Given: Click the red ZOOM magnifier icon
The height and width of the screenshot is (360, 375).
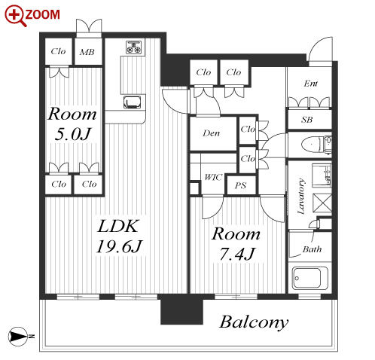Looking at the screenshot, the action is coord(15,16).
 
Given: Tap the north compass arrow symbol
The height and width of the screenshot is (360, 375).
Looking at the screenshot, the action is coord(18,337).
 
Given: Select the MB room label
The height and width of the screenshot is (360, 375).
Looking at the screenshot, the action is coord(87,52).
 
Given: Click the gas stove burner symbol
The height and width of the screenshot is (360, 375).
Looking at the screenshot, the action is coord(134,47).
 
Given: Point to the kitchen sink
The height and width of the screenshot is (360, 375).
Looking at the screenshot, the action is coord(132,102).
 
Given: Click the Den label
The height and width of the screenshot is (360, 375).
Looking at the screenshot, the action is coord(211,133).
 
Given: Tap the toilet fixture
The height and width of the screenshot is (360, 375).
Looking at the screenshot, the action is coord(316,145).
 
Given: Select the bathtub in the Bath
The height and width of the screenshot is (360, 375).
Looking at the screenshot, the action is coord(309,278).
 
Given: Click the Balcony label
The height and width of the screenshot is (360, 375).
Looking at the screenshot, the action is coord(254,322).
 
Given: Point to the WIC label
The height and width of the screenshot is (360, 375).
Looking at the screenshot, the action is coord(213,177).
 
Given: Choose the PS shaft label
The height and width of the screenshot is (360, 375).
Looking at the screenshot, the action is coord(240,185).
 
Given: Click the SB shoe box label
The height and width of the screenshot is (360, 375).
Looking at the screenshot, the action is coord(306,120).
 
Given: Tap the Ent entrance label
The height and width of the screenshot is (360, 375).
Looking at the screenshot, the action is coord(311,84).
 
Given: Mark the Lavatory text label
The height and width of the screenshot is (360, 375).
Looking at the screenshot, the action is coord(301,196).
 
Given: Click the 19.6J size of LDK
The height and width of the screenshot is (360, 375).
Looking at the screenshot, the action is coord(119,246).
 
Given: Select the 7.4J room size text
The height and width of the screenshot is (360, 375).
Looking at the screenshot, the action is coord(237,254).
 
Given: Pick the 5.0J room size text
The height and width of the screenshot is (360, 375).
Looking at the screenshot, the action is coord(72,134).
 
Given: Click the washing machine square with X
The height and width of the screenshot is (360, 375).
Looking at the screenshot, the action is coord(322,203).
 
